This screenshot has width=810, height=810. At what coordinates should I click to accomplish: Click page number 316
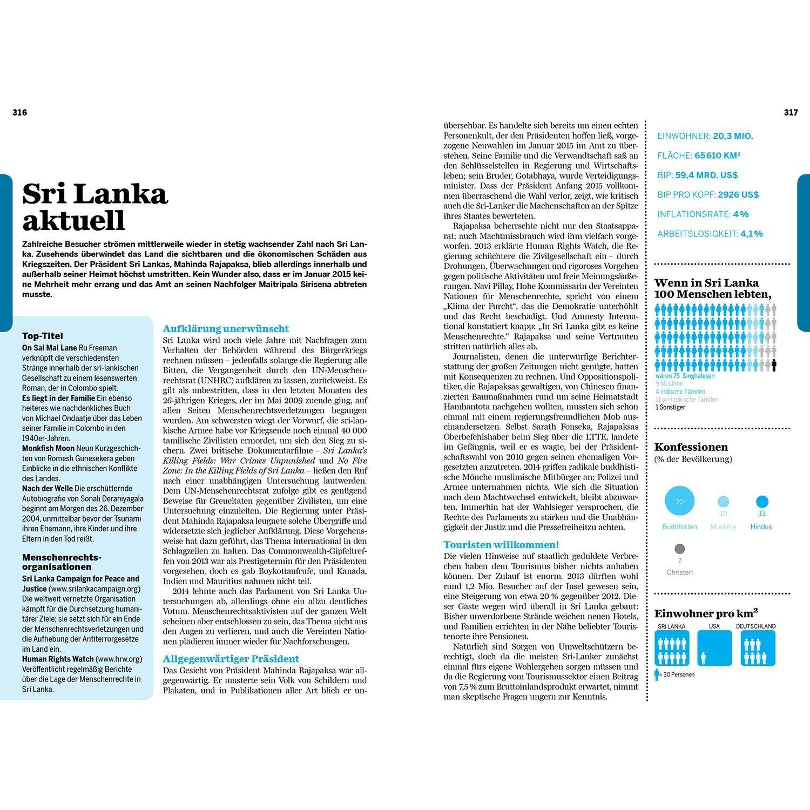pos(19,112)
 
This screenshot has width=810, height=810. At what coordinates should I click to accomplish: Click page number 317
pos(791,112)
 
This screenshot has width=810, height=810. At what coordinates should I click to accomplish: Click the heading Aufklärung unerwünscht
pos(226,328)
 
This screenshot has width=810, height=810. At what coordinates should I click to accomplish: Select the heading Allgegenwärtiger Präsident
pos(231,658)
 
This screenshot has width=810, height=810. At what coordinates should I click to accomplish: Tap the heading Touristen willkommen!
pos(501,544)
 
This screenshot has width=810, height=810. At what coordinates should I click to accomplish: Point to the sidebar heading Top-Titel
pos(43,336)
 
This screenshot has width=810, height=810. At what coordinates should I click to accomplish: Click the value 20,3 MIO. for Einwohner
pos(733,136)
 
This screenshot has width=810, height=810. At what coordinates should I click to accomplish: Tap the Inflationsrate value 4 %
pos(741,214)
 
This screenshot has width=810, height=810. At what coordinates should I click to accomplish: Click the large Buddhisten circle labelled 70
pos(679,502)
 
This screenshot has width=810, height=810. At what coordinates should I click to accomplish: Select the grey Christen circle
pos(679,549)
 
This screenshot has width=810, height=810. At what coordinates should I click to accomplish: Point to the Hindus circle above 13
pos(762,502)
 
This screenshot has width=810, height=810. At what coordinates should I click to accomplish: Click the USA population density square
pos(714,648)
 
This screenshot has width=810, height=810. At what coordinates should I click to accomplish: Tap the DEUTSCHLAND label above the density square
pos(755,626)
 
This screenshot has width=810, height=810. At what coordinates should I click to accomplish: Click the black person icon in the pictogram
pos(774,366)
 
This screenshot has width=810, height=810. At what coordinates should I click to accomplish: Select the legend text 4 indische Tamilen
pos(680,391)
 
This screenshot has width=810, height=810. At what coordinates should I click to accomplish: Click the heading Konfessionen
pos(691,447)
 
